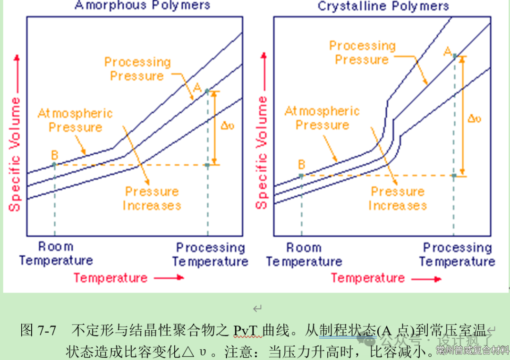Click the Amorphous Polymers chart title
(x=142, y=6)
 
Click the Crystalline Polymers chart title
(x=383, y=6)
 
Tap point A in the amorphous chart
(x=207, y=91)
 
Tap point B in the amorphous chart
(x=54, y=164)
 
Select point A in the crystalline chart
(x=454, y=56)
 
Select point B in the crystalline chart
(x=301, y=175)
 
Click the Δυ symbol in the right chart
(x=474, y=118)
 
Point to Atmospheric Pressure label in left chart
(x=75, y=120)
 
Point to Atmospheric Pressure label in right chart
(x=322, y=118)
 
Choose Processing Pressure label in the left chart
(x=137, y=69)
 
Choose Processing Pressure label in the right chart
(x=362, y=53)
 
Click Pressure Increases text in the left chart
(x=152, y=199)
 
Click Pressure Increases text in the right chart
(x=398, y=199)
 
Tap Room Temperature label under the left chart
(x=56, y=253)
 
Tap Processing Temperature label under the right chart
(x=457, y=254)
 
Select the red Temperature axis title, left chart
(x=110, y=278)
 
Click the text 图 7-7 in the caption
(x=38, y=330)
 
